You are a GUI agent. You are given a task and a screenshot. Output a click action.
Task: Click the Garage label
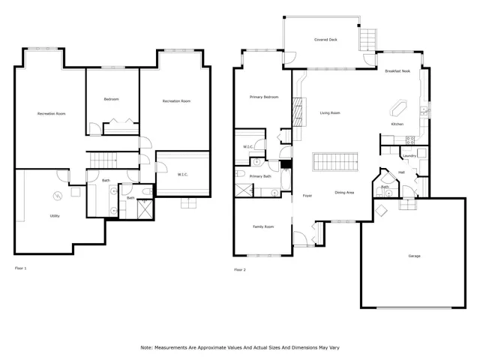click(414, 256)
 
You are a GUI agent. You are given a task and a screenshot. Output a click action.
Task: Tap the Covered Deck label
click(325, 40)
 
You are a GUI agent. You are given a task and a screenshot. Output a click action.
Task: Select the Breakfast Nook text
click(397, 70)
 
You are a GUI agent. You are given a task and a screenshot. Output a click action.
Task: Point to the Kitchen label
click(397, 124)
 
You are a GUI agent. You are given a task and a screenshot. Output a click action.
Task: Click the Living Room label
click(330, 113)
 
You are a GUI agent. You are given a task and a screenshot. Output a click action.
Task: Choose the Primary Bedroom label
click(263, 97)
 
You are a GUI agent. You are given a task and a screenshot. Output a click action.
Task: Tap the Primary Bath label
click(260, 176)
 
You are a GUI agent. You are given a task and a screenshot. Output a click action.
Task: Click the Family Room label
click(262, 226)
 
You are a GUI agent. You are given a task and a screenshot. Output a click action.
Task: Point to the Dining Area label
click(344, 192)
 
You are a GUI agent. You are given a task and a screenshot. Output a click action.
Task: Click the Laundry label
click(409, 156)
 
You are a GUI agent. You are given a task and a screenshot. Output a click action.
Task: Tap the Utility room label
click(55, 216)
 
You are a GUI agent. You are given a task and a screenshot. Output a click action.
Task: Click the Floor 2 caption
click(240, 269)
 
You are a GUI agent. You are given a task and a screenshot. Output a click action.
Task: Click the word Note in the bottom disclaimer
click(146, 347)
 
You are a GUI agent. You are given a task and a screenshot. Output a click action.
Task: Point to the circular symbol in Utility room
click(56, 196)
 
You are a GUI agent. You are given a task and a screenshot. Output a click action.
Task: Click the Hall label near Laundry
click(401, 172)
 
